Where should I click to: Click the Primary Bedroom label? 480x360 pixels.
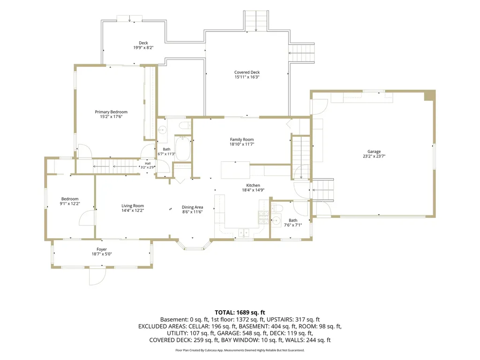tap(111, 112)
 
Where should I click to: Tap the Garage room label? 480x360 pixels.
tap(374, 151)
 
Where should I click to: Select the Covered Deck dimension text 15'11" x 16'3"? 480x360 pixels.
tap(247, 77)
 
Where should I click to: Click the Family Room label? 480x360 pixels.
tap(242, 139)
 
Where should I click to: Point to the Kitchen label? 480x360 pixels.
tap(253, 185)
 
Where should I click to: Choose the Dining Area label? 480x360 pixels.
tap(192, 207)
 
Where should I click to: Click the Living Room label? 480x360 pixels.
tap(133, 206)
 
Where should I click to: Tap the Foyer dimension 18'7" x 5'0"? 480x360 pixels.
tap(102, 254)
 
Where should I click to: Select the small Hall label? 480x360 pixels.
tap(148, 164)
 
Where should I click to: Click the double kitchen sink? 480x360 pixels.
tap(244, 233)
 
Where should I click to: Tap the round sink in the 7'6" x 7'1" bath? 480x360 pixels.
tap(276, 220)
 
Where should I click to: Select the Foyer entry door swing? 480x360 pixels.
tap(97, 277)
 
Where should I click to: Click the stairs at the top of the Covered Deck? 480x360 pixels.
tap(256, 21)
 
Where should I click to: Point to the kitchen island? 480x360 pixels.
tap(235, 170)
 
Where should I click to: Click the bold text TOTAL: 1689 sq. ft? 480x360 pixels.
tap(240, 313)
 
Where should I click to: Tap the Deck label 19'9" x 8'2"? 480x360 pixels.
tap(143, 45)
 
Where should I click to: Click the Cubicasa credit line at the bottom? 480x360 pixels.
tap(240, 350)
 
